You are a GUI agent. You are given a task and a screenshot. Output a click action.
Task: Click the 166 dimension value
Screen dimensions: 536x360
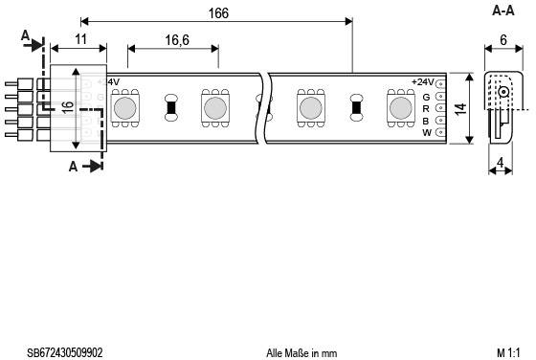point(218,13)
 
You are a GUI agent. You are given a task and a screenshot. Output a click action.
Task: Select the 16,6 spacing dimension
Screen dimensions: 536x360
point(177,40)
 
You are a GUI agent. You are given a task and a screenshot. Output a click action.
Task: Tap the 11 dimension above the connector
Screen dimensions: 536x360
point(80,39)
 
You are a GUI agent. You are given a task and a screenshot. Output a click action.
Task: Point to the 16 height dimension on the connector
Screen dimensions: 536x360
point(68,107)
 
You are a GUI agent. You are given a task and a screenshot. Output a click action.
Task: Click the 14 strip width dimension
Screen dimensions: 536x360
point(460,109)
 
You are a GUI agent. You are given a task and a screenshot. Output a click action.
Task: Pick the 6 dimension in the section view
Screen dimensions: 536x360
point(503,40)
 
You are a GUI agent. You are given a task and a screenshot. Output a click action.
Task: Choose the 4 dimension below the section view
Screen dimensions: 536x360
point(500,163)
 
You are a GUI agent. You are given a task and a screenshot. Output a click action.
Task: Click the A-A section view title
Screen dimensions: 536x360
point(503,11)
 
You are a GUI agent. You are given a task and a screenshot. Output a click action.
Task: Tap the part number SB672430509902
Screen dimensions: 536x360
point(65,352)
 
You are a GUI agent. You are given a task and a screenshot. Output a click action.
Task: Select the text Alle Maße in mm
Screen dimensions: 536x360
point(301,353)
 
